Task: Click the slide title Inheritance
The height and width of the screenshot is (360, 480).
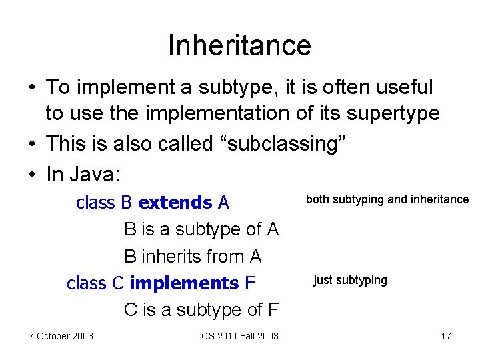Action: [x=239, y=45]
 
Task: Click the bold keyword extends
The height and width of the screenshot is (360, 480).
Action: [x=175, y=203]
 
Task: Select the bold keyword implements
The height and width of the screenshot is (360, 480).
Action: [x=184, y=283]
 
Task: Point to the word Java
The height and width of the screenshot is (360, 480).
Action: [x=90, y=175]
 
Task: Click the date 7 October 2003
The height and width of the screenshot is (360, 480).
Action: [x=61, y=336]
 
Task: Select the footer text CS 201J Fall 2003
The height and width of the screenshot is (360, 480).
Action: [x=240, y=336]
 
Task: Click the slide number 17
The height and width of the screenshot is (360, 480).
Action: [x=446, y=336]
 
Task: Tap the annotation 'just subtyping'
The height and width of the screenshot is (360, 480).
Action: [x=350, y=280]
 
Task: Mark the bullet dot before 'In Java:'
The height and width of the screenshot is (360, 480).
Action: [x=32, y=175]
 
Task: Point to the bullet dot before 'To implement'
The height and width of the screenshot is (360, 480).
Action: [x=32, y=87]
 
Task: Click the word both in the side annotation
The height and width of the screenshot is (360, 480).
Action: [x=317, y=199]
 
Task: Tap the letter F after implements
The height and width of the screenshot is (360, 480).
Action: [x=250, y=283]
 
